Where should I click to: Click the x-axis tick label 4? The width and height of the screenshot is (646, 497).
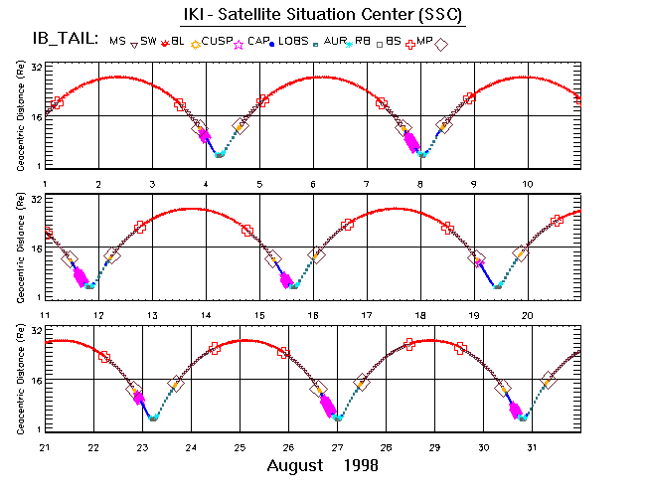[x=206, y=185]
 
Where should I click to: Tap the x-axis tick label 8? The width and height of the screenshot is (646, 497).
[x=420, y=185]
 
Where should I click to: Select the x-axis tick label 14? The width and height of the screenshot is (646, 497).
[x=206, y=315]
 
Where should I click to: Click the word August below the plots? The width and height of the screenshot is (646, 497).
[x=295, y=465]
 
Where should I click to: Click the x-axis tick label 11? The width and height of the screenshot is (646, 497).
[x=46, y=315]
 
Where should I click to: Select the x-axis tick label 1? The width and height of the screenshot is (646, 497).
[x=46, y=185]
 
